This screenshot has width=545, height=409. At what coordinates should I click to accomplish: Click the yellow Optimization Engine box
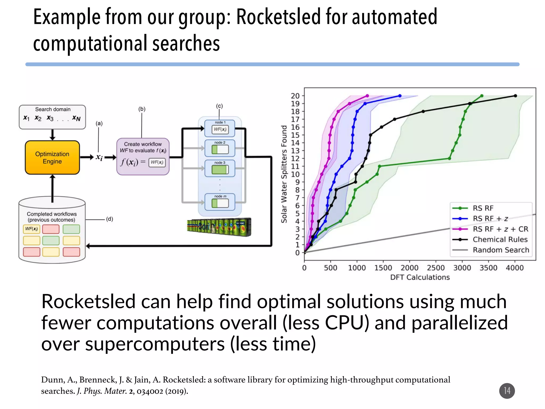coord(52,158)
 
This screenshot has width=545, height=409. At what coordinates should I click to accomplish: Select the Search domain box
coord(52,117)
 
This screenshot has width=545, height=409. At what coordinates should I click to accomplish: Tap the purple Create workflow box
coord(143,156)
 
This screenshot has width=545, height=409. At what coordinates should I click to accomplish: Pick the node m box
coord(220,202)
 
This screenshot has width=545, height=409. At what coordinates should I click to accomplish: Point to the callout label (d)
coord(110,219)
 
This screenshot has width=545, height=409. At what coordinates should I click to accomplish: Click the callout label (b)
coord(142,109)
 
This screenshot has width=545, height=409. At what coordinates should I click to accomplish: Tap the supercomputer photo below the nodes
coord(219,227)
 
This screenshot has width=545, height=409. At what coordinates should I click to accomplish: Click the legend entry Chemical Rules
coord(500,239)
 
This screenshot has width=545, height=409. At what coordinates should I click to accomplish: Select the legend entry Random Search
coord(501,250)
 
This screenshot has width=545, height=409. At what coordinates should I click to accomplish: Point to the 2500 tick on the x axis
coord(436,268)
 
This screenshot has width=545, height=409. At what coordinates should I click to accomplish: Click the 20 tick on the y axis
coord(295,96)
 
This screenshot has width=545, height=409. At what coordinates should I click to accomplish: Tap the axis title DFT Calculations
coord(420,277)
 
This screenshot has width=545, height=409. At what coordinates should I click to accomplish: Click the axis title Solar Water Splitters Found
coord(284,174)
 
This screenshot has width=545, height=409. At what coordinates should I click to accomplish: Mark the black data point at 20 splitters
coord(515,96)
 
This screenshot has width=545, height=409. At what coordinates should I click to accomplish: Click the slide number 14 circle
coord(507,391)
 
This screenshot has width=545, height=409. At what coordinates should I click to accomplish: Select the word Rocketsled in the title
coord(278,17)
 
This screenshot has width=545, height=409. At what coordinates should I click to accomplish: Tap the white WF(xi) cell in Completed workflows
coord(31,229)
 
